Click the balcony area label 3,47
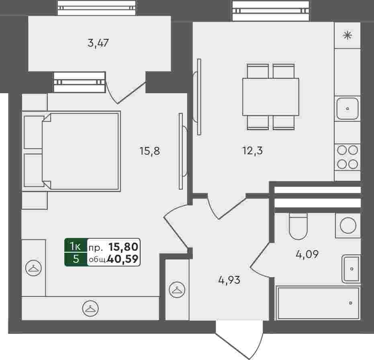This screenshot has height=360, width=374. tap(98, 43)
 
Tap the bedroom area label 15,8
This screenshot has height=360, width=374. tap(150, 151)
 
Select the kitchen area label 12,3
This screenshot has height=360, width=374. tap(253, 151)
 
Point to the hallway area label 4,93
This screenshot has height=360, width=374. tap(229, 280)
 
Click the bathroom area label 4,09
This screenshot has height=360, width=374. tap(307, 254)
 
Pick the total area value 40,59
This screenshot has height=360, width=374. tap(123, 259)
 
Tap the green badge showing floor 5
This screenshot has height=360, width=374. tap(76, 259)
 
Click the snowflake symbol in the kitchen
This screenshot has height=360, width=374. tap(347, 35)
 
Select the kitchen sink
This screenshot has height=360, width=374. tap(347, 108)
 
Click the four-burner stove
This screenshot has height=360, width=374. tap(347, 157)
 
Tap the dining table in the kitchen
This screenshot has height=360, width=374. tap(271, 97)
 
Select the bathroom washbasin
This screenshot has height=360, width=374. tap(351, 269)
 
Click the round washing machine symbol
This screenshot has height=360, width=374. tap(348, 225)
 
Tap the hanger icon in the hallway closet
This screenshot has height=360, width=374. tap(177, 290)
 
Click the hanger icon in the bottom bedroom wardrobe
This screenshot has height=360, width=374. tap(90, 309)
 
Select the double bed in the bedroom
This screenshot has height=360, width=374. tap(72, 151)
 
